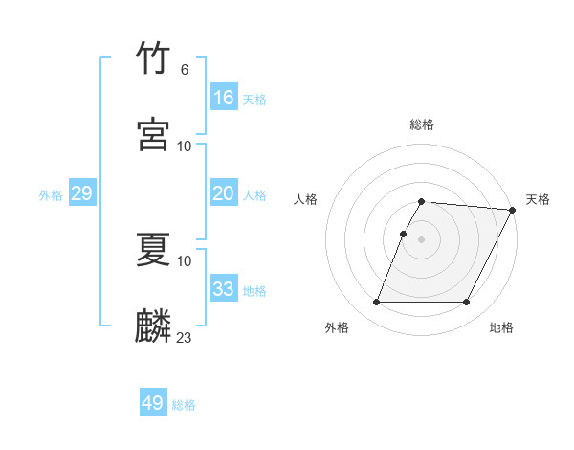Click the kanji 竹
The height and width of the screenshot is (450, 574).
tap(154, 59)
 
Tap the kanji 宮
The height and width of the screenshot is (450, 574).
tap(154, 134)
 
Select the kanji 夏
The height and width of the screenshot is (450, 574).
tap(154, 251)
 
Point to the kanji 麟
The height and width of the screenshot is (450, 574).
tap(154, 326)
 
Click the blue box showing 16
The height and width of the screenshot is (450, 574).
tap(224, 98)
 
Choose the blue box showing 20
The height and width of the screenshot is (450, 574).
tap(224, 193)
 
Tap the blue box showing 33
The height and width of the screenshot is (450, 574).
tap(224, 289)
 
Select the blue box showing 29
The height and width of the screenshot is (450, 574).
tap(81, 193)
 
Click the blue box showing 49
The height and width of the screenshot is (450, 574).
tap(153, 403)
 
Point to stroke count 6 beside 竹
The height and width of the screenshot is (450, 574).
tap(185, 70)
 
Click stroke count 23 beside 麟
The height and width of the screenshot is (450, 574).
tap(185, 337)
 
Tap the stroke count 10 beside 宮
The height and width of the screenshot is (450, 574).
tap(185, 146)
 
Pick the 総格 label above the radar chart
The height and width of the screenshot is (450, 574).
tap(422, 124)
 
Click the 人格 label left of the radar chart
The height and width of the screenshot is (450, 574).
tap(305, 199)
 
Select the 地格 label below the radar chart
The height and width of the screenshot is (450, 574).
tap(501, 327)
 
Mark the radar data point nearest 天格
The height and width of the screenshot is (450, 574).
tap(512, 210)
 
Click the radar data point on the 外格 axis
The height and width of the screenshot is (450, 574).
tap(376, 303)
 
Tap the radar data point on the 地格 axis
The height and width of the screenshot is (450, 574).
tap(467, 303)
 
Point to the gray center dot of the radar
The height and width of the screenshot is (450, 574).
tap(421, 239)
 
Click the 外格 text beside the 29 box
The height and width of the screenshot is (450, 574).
tap(51, 194)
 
